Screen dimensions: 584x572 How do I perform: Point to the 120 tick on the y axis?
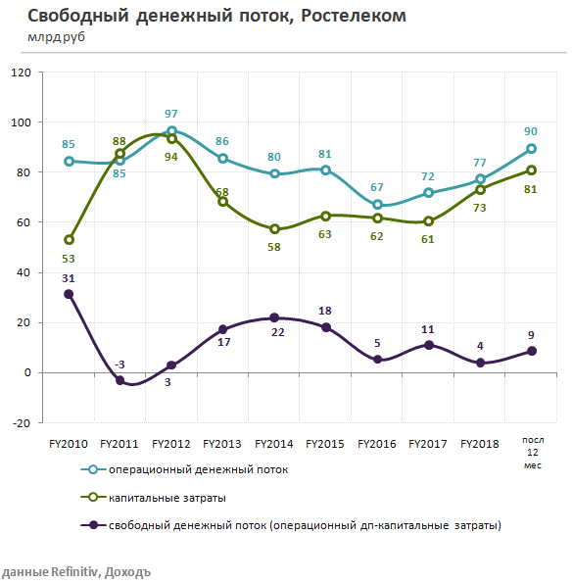(21, 73)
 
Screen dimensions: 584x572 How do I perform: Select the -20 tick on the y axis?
(21, 422)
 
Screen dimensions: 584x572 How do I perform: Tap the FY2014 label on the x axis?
(274, 444)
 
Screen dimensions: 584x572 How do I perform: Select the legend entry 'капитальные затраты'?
(173, 497)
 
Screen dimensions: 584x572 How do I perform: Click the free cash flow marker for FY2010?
(69, 294)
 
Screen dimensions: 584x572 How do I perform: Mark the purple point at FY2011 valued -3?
(120, 380)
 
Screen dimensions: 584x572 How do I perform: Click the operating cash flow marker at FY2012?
(171, 131)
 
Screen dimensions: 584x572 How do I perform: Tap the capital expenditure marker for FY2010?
(69, 240)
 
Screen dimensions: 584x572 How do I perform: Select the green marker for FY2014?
(274, 228)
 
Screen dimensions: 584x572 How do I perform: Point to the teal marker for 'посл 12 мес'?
(531, 149)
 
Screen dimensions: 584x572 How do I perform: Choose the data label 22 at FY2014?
(275, 334)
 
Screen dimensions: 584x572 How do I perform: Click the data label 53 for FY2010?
(68, 258)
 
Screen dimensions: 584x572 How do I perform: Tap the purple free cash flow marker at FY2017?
(428, 345)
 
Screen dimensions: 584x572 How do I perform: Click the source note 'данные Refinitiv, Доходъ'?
(76, 572)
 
